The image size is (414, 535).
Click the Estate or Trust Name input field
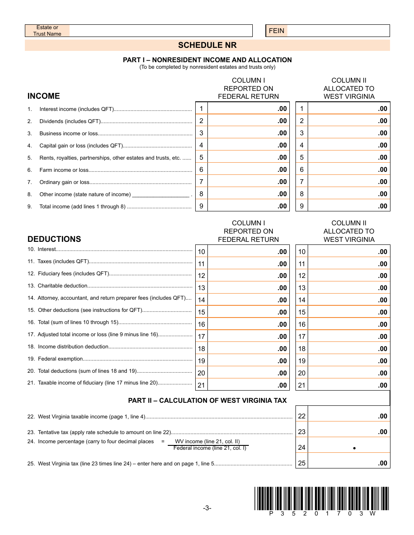(x=160, y=30)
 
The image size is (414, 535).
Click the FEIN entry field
(x=338, y=30)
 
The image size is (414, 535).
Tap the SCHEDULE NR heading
(x=207, y=45)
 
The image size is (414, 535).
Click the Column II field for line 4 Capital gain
(x=348, y=145)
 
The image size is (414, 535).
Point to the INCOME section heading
(x=44, y=96)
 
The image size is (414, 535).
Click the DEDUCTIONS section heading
(x=54, y=239)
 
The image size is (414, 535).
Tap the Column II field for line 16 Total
(x=348, y=324)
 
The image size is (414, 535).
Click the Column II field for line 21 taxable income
(x=348, y=385)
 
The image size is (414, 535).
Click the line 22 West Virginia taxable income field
(x=348, y=416)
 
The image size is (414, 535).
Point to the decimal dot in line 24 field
(x=354, y=448)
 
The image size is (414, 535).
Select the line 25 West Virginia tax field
(x=348, y=463)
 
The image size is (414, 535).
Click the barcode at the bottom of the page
(x=321, y=498)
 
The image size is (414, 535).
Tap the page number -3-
(x=207, y=508)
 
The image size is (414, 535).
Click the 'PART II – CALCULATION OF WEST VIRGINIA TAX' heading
(x=207, y=401)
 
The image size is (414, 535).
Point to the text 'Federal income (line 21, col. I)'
(x=210, y=448)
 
